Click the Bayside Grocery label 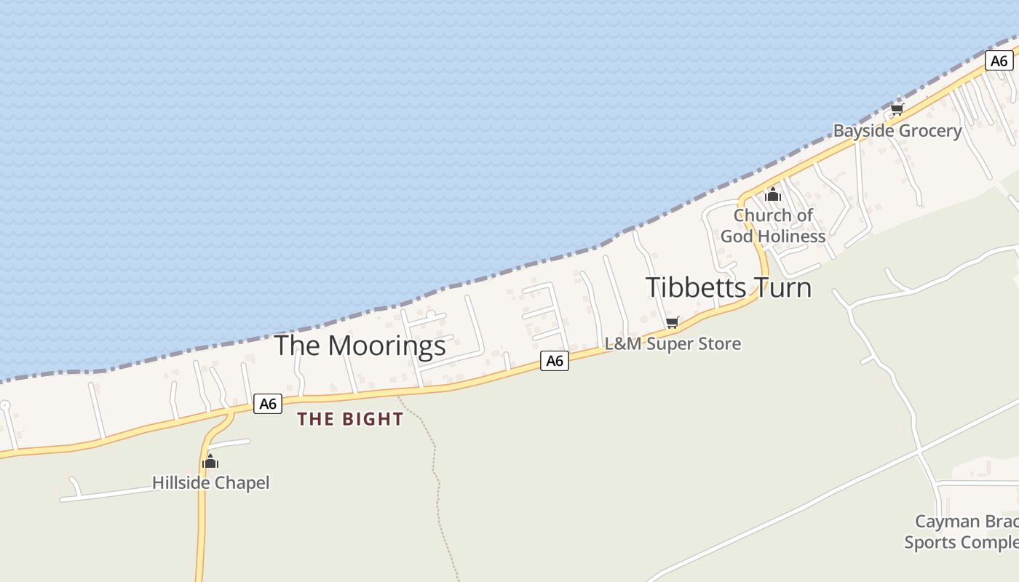[897, 131]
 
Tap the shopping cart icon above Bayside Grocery [897, 110]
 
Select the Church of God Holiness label [773, 226]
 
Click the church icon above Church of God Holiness [773, 195]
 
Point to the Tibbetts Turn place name [728, 287]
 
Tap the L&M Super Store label [673, 343]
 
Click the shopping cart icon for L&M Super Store [673, 322]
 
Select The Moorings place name [360, 346]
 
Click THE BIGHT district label [350, 419]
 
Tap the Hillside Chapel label [210, 482]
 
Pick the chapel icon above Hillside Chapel [210, 461]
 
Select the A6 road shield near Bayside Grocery [999, 60]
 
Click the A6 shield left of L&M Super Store [555, 360]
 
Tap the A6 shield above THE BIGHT [268, 403]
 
